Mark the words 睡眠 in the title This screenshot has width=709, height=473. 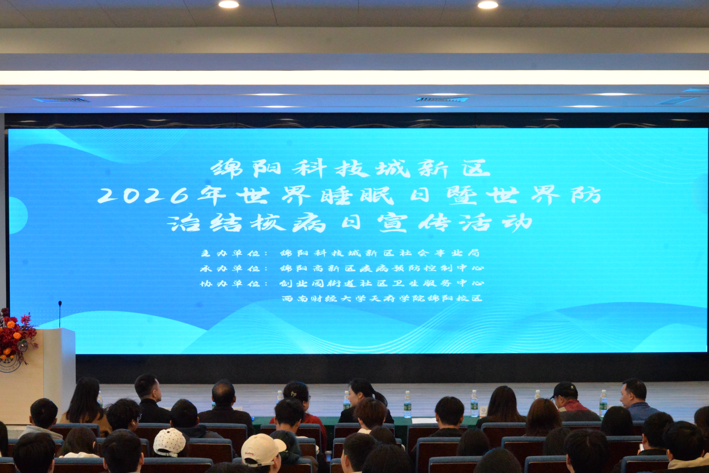click(357, 196)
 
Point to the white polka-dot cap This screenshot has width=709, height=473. click(169, 442)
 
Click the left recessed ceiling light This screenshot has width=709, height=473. click(228, 4)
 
